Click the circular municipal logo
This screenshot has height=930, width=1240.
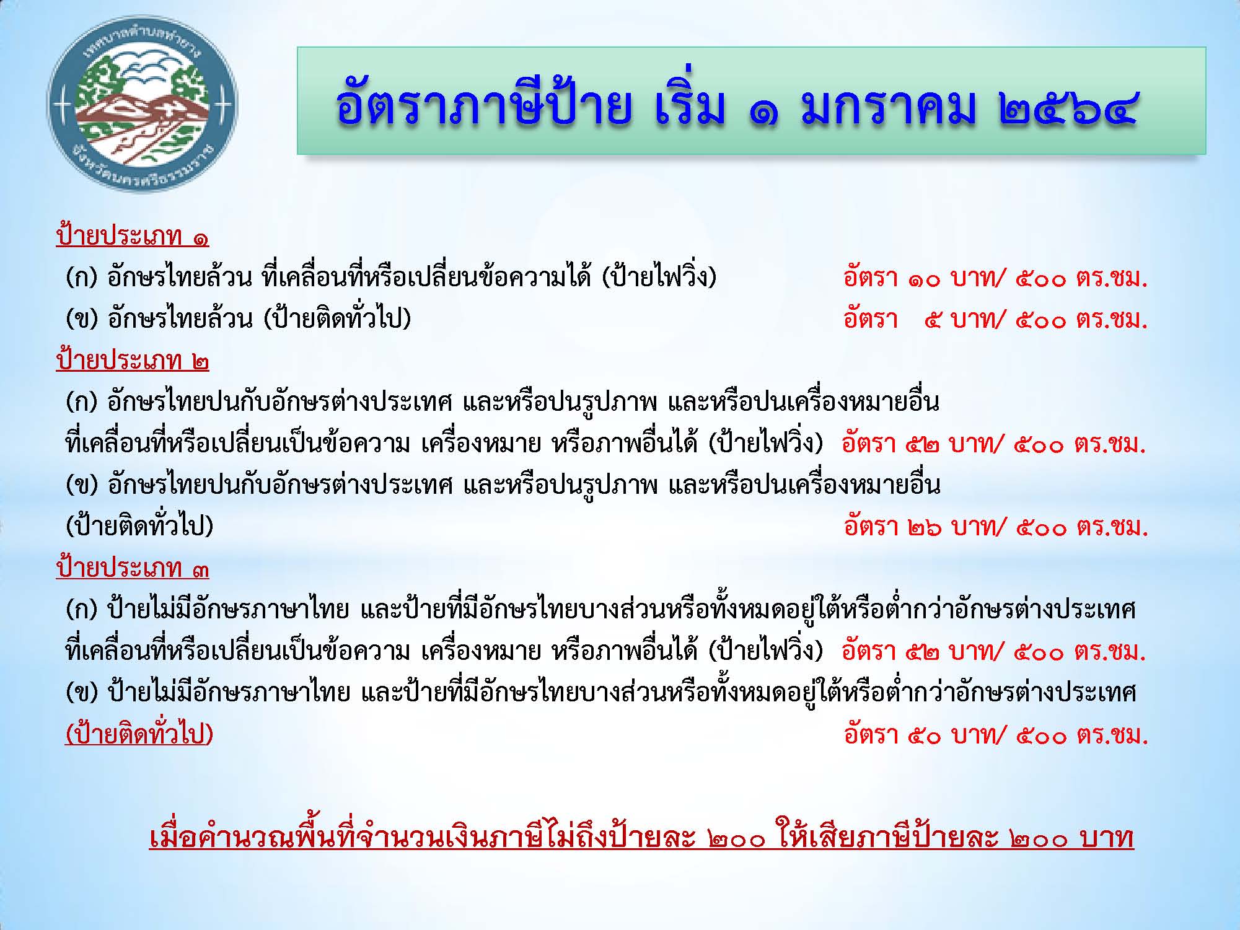[142, 104]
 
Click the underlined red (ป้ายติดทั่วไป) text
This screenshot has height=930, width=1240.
[139, 735]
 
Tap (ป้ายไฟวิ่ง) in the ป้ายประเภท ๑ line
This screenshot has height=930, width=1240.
[659, 278]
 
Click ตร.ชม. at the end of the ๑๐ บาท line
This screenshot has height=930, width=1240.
[1112, 279]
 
